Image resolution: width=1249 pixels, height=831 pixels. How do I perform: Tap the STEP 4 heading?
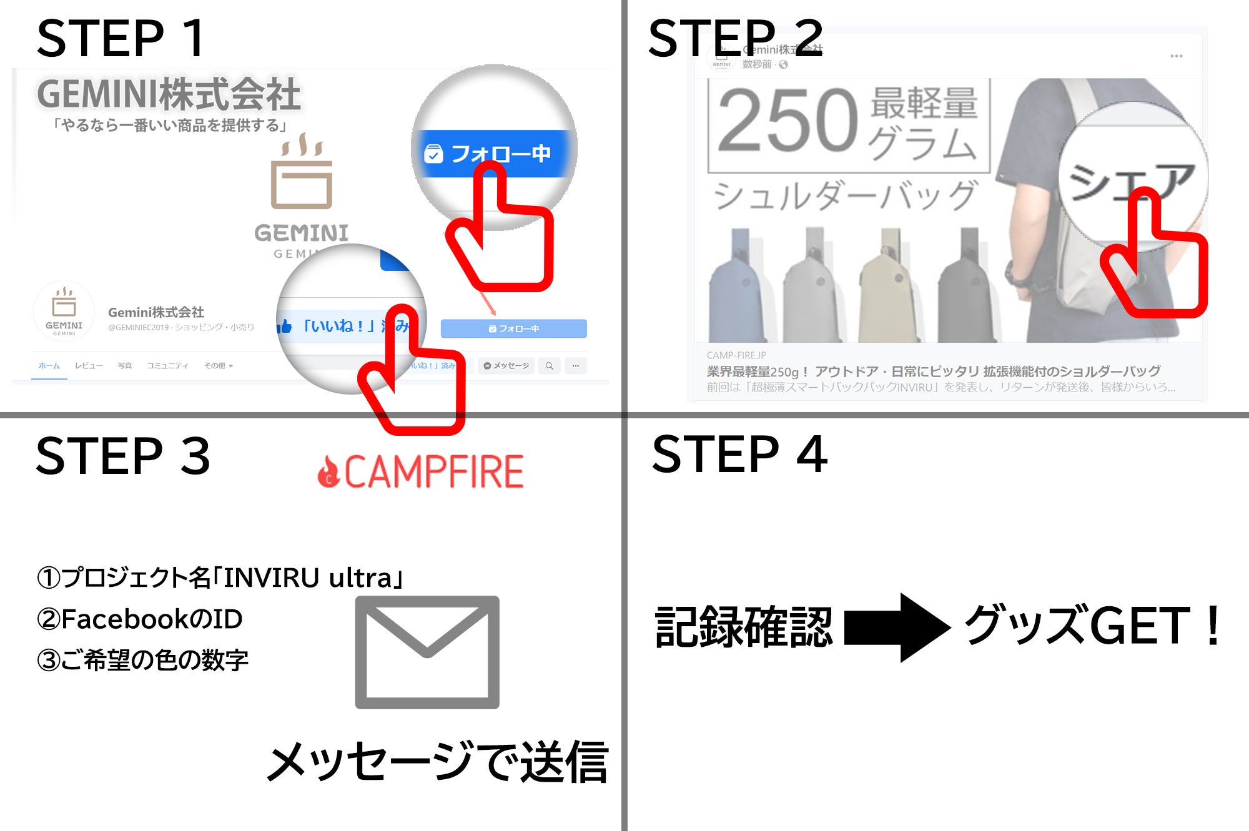pos(739,455)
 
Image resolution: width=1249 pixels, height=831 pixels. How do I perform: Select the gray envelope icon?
pos(427,652)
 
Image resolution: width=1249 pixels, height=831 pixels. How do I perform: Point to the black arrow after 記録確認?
pos(896,627)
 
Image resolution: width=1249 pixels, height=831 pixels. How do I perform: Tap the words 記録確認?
pos(743,627)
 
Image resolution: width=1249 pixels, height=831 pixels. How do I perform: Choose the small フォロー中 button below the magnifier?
pos(513,328)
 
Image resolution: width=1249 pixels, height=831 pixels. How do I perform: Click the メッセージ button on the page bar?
pos(506,366)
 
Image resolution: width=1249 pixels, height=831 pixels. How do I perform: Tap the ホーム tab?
pos(49,366)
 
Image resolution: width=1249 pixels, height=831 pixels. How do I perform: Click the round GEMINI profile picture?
pos(64,310)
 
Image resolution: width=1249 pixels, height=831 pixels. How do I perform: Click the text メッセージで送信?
pos(438,762)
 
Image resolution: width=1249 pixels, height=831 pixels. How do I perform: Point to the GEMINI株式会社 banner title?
pos(169,95)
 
